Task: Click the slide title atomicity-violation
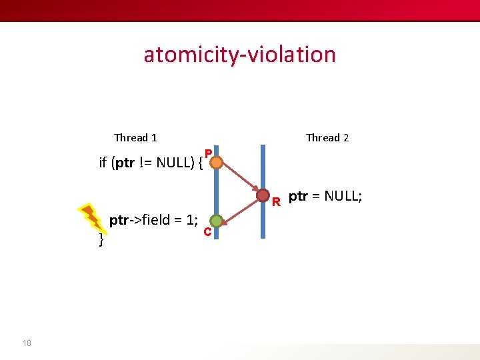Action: click(239, 54)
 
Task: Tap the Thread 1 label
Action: click(135, 137)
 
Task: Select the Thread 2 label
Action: click(327, 137)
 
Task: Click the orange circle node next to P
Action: click(215, 163)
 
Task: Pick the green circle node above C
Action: click(215, 221)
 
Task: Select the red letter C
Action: click(207, 233)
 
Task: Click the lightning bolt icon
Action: click(91, 217)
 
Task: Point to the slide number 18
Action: click(27, 343)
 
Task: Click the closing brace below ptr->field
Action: click(101, 239)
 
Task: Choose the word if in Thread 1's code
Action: click(103, 162)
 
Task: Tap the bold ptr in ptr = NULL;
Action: click(299, 196)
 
